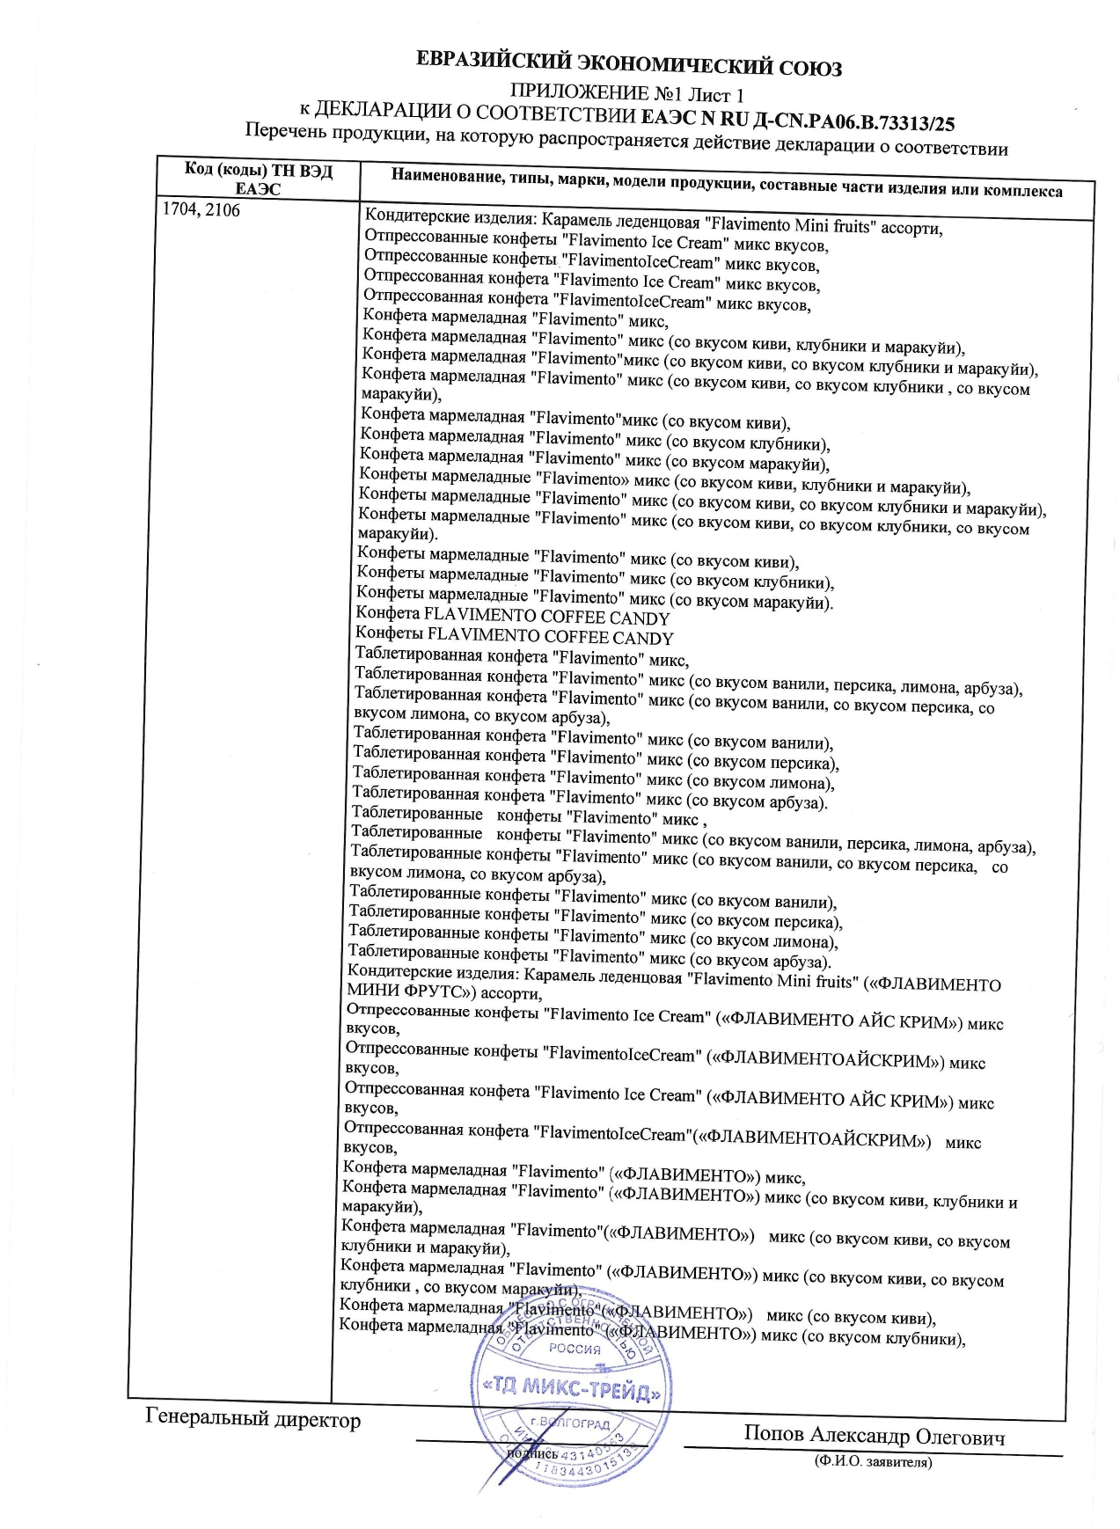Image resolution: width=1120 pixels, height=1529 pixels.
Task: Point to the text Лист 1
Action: (715, 95)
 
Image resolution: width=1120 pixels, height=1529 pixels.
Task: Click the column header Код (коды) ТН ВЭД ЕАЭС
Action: (258, 179)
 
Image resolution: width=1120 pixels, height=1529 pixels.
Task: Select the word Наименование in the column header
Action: (446, 176)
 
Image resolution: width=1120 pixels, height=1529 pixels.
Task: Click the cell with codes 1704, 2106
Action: (201, 210)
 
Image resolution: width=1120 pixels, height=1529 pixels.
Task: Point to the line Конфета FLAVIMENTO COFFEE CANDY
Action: (513, 617)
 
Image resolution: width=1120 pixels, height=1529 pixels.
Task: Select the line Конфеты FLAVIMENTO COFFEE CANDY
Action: (514, 636)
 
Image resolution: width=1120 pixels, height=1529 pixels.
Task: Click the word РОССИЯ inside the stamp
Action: (575, 1349)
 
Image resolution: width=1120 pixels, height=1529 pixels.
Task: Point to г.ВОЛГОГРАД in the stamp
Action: (570, 1423)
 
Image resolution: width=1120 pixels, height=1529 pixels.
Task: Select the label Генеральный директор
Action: (253, 1419)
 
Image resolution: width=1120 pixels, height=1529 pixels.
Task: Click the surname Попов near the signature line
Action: (773, 1432)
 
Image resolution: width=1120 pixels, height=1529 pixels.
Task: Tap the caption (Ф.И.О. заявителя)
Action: (873, 1462)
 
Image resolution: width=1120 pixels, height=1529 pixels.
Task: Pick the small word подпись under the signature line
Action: (532, 1453)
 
